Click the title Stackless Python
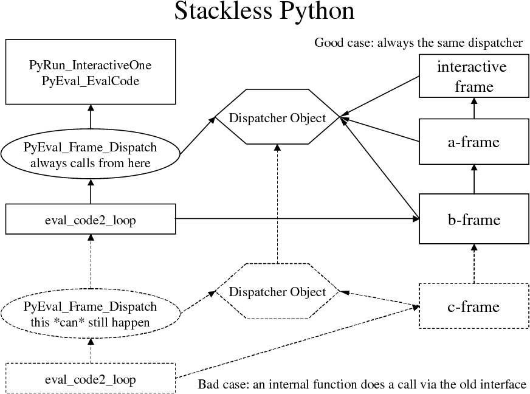[264, 12]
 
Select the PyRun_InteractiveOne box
[90, 72]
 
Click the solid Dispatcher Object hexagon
[277, 118]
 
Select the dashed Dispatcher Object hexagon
[277, 292]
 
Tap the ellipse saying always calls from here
[90, 155]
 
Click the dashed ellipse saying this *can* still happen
[90, 314]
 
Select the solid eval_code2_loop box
[90, 220]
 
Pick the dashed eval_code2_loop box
[90, 379]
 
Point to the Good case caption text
[418, 43]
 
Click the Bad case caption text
[362, 384]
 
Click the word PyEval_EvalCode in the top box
[90, 80]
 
